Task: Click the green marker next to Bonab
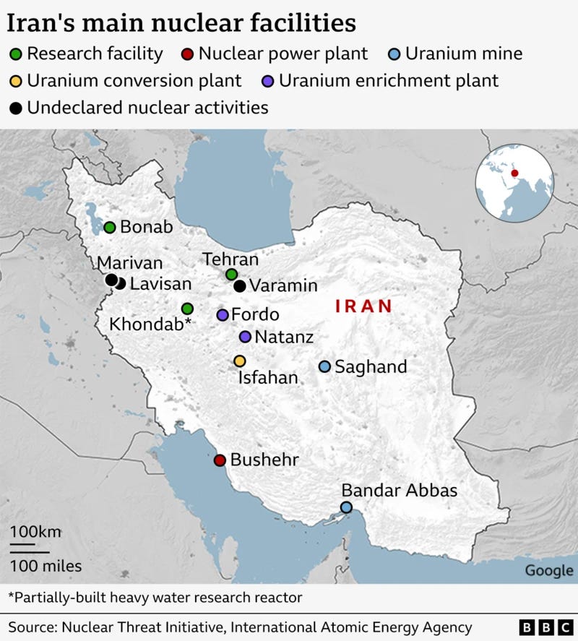[110, 227]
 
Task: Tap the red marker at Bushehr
[220, 460]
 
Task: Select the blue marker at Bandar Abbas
[347, 507]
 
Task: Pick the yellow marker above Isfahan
[240, 361]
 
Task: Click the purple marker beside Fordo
[223, 315]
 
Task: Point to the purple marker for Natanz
[245, 337]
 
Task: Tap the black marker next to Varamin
[240, 286]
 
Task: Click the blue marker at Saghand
[325, 366]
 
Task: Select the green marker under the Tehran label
[231, 274]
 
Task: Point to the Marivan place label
[130, 263]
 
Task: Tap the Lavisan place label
[160, 284]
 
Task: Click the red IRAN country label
[363, 306]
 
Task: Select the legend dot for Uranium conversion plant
[14, 81]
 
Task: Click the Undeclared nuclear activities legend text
[147, 108]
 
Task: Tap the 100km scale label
[35, 532]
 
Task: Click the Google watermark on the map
[548, 571]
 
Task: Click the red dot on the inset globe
[514, 172]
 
